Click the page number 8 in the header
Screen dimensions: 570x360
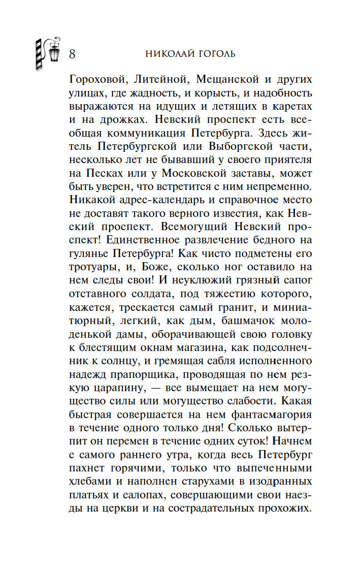(72, 54)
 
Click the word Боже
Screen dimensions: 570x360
(145, 267)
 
